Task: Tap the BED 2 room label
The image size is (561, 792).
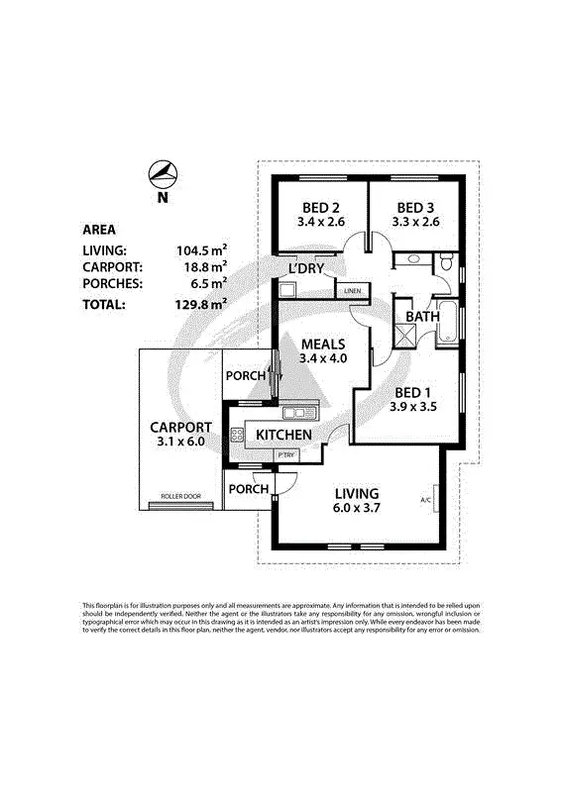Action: click(x=321, y=207)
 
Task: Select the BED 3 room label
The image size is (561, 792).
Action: click(x=415, y=207)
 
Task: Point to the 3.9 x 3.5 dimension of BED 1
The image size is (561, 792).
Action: click(x=413, y=406)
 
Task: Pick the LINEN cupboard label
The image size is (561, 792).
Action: click(x=352, y=291)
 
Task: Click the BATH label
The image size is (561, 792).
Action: click(x=423, y=317)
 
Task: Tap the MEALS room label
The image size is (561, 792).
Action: click(x=323, y=344)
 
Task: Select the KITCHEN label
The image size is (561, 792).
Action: click(x=284, y=436)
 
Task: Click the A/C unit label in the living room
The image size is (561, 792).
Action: click(x=425, y=500)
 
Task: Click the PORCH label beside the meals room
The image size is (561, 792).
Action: click(x=246, y=376)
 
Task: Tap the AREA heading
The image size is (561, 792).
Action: click(x=99, y=230)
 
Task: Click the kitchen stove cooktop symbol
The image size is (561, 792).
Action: click(x=238, y=434)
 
